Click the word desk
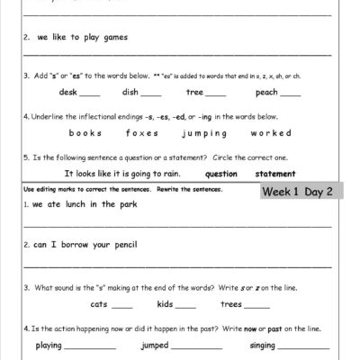coord(67,92)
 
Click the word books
coord(85,132)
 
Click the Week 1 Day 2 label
coord(301,192)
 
